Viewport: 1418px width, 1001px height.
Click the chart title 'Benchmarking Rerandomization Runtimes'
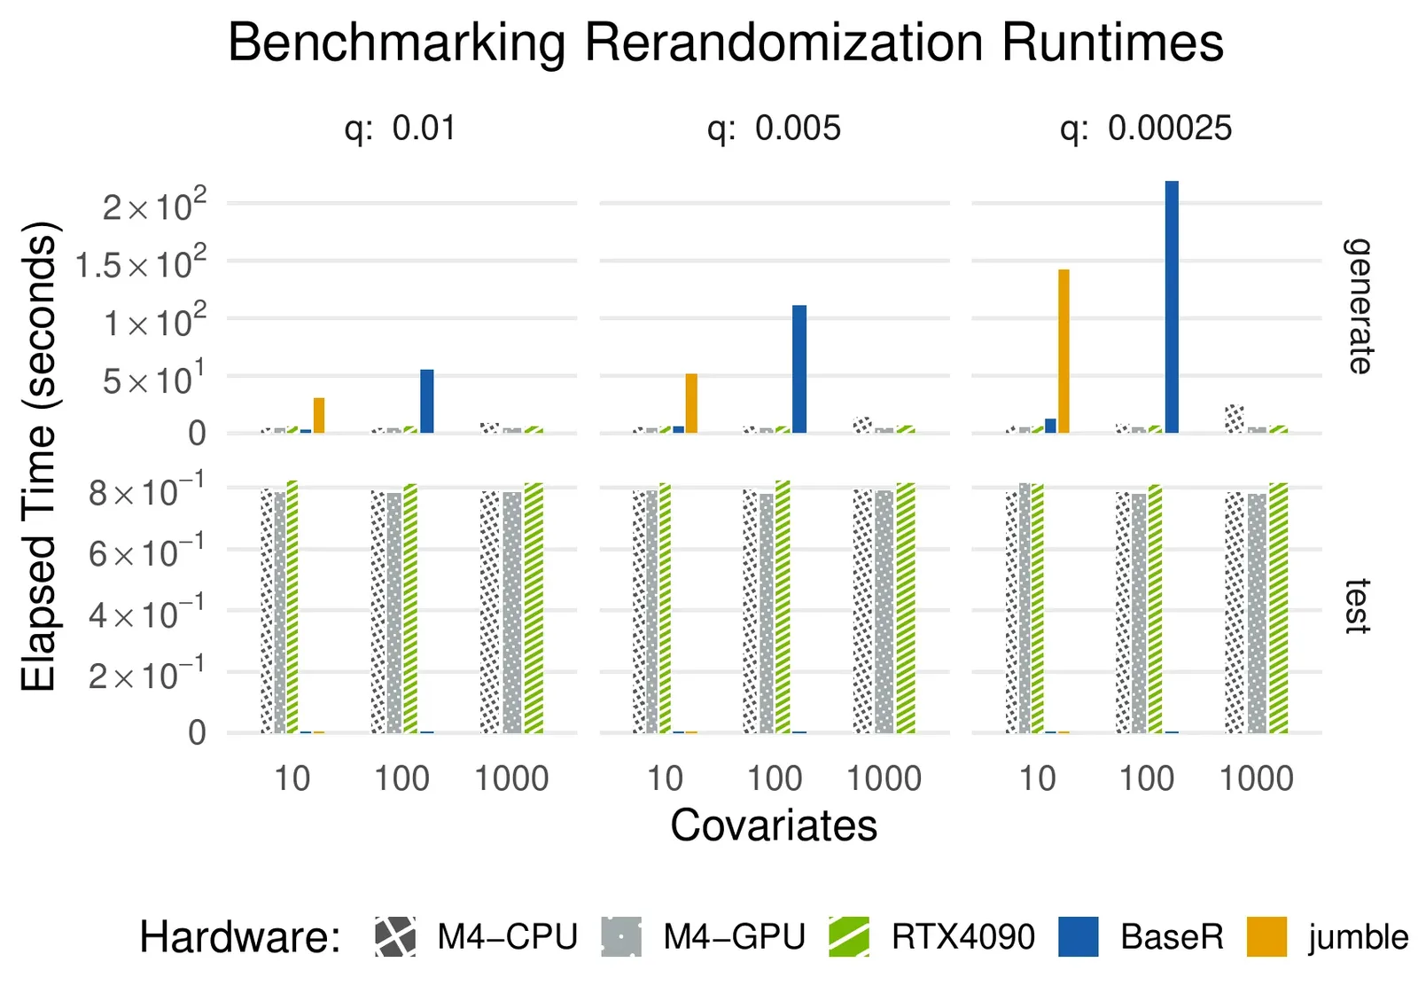(x=725, y=43)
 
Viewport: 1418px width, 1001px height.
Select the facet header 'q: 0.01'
(x=401, y=129)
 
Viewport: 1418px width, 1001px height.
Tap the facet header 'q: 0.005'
(x=774, y=129)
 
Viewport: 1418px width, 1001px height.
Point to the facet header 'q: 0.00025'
(x=1145, y=129)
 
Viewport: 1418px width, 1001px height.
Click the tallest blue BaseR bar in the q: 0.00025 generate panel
(x=1172, y=307)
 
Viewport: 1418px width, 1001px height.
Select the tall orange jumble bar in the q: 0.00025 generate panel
(x=1063, y=351)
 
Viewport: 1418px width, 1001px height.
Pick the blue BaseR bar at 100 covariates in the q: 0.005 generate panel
(x=799, y=369)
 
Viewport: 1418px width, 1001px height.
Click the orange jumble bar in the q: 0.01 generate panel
(x=319, y=415)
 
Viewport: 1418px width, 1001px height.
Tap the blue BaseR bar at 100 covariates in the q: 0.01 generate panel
(x=427, y=401)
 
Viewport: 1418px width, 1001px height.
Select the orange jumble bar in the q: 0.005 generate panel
(x=691, y=403)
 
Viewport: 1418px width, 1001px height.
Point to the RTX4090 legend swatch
(x=849, y=937)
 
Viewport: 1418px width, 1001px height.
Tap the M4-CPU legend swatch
(x=395, y=937)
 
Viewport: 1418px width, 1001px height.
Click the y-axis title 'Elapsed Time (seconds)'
(x=39, y=456)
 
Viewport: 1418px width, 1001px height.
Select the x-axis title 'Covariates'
(x=774, y=825)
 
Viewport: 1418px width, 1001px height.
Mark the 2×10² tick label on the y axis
(x=154, y=206)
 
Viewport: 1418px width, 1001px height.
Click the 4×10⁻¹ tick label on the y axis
(x=146, y=613)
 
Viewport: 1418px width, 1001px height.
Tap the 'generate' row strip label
(x=1357, y=306)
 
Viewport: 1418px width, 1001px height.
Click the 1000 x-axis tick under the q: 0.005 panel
(x=884, y=778)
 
